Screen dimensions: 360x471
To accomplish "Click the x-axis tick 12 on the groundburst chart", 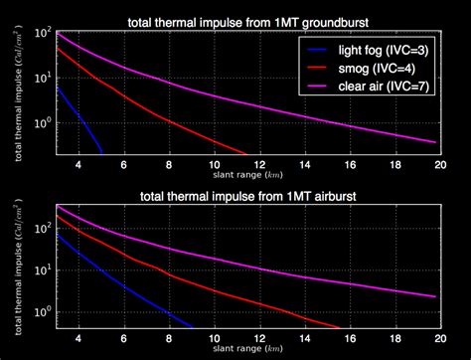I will point(257,164).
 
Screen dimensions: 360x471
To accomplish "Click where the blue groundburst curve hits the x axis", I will point(102,154).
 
